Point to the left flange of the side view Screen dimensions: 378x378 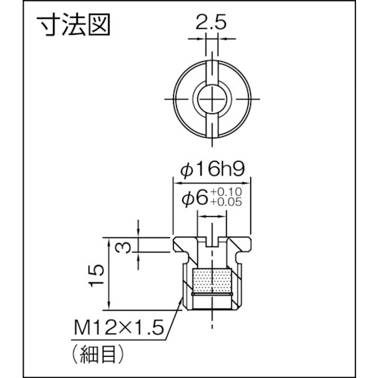pos(181,243)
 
